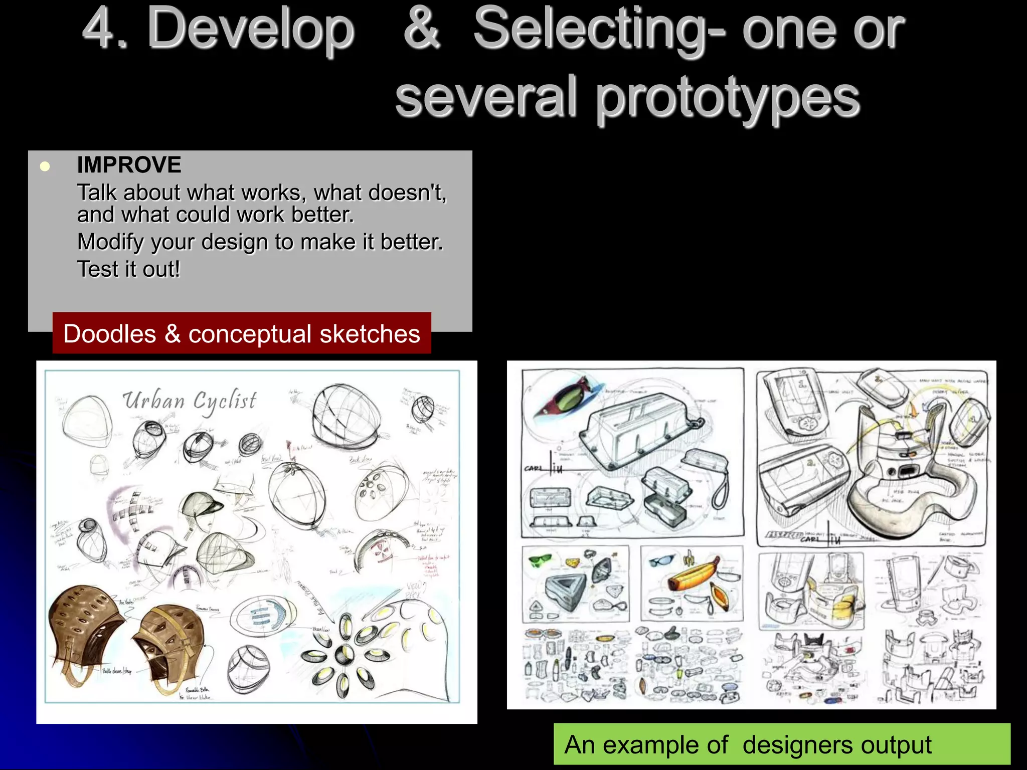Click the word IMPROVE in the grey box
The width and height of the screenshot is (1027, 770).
click(x=129, y=165)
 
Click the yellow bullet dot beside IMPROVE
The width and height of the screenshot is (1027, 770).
click(x=45, y=166)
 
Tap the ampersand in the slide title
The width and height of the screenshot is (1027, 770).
click(x=422, y=29)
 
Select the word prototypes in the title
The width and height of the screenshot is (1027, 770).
click(x=728, y=98)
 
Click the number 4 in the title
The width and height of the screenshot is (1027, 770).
click(x=98, y=29)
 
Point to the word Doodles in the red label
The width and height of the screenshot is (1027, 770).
click(x=110, y=334)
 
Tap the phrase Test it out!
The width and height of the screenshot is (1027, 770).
click(x=128, y=269)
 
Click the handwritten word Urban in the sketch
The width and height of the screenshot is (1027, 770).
click(x=154, y=401)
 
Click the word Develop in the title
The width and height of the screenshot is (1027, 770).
click(x=251, y=29)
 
